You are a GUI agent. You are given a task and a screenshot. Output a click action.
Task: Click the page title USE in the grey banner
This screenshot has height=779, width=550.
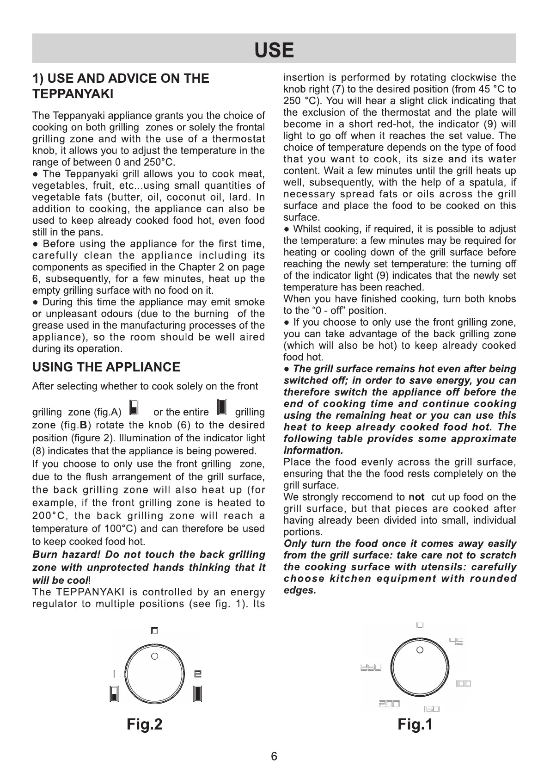pyautogui.click(x=274, y=50)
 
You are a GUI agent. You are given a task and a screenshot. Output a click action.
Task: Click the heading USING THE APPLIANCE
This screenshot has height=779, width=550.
pyautogui.click(x=106, y=367)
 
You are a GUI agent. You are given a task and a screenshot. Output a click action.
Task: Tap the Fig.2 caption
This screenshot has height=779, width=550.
pyautogui.click(x=145, y=724)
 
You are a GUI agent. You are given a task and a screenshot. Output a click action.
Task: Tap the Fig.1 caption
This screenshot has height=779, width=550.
pyautogui.click(x=415, y=724)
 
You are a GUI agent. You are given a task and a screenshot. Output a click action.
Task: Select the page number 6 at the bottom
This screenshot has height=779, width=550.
pyautogui.click(x=274, y=756)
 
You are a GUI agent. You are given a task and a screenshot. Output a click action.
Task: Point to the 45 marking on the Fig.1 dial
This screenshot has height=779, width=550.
pyautogui.click(x=456, y=642)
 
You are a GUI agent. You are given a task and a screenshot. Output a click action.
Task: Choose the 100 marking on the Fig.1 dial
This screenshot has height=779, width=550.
pyautogui.click(x=463, y=684)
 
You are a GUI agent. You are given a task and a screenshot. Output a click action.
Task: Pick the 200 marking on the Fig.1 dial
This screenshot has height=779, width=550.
pyautogui.click(x=389, y=704)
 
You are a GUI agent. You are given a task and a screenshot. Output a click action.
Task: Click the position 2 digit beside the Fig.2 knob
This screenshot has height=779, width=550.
pyautogui.click(x=197, y=674)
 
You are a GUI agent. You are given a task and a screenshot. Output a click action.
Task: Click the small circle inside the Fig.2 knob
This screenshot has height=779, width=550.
pyautogui.click(x=155, y=656)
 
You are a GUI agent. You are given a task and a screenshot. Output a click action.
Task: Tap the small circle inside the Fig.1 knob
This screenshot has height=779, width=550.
pyautogui.click(x=419, y=650)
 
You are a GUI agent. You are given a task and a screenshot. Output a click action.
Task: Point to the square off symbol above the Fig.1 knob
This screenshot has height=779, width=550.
pyautogui.click(x=420, y=625)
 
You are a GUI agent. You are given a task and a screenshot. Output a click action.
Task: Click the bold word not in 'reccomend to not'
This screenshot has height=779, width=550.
pyautogui.click(x=416, y=497)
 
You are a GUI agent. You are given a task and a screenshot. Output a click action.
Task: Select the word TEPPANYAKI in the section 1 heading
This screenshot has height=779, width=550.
pyautogui.click(x=73, y=94)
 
